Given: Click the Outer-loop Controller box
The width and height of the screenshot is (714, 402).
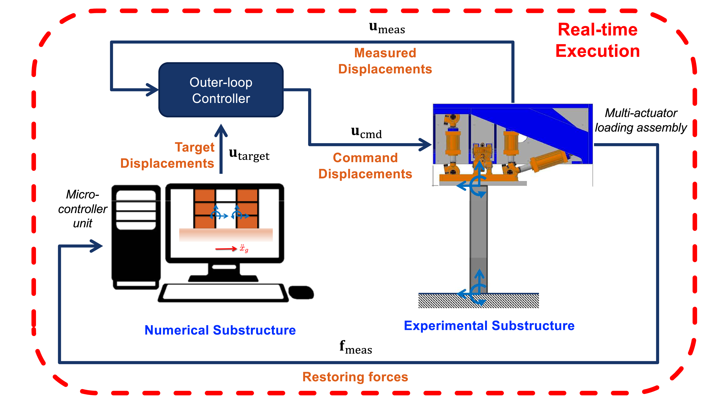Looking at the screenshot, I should point(221,90).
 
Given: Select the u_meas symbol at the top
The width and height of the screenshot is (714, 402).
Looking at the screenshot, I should point(387,28).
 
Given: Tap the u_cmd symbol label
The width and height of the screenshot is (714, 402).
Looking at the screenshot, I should point(366,133).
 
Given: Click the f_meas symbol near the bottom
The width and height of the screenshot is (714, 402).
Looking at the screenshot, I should point(356,347).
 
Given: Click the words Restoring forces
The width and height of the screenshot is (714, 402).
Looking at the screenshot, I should point(355,377).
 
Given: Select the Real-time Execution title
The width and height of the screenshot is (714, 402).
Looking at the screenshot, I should point(598,40).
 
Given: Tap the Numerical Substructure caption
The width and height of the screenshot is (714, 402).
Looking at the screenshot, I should point(220,330).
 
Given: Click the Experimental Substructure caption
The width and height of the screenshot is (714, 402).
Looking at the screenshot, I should point(489,325).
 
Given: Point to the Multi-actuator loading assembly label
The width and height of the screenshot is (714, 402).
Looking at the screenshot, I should point(641,120).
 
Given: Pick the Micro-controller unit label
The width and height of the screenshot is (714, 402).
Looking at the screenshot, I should point(83,209).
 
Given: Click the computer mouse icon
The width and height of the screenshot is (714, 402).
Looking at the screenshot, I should point(301,292).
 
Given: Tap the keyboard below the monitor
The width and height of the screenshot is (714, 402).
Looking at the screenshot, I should point(223,293).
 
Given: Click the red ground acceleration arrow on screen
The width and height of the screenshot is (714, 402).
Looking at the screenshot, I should point(226,249).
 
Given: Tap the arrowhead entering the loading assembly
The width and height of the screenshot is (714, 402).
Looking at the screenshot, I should point(425,144).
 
